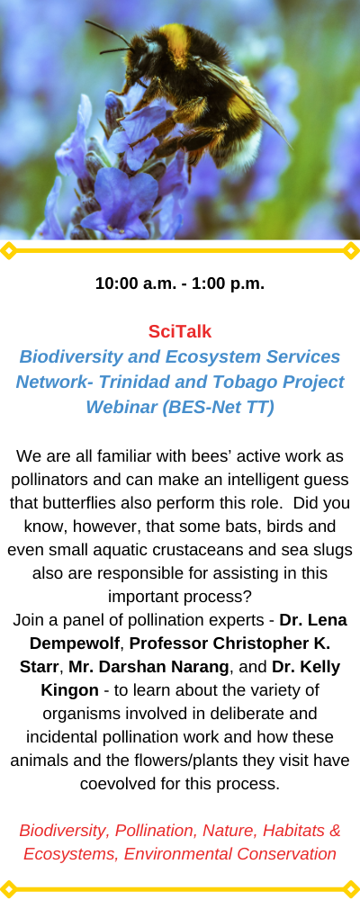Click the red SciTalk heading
click(x=180, y=331)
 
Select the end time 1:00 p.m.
click(x=229, y=283)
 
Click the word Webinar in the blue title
click(x=121, y=407)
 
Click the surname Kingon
click(x=70, y=690)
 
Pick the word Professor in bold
click(x=169, y=643)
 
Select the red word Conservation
click(x=286, y=854)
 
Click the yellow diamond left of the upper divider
click(x=8, y=251)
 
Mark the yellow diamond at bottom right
click(x=351, y=889)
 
